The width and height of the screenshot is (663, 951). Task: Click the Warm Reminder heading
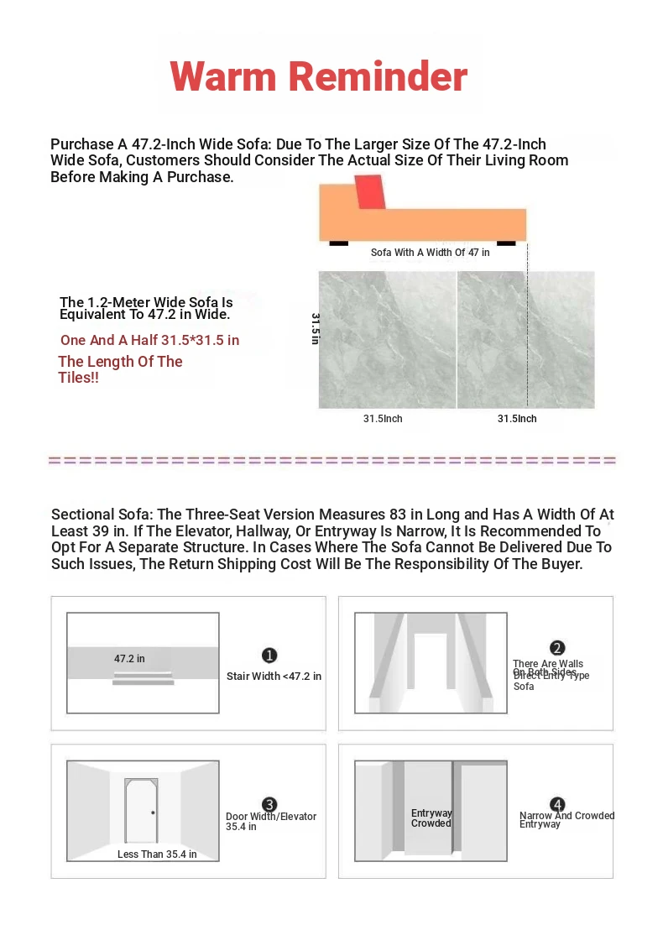[x=318, y=76]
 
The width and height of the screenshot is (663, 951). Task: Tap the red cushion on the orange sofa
[x=369, y=192]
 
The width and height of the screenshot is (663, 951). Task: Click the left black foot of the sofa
[x=338, y=243]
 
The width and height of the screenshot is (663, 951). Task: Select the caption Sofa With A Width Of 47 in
[x=430, y=253]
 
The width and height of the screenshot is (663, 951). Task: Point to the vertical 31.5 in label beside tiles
[x=316, y=328]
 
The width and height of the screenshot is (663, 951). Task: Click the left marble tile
[x=387, y=339]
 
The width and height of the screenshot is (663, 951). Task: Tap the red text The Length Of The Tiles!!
[x=120, y=369]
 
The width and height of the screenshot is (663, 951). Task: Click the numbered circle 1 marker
[x=269, y=656]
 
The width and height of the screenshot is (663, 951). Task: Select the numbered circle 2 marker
[x=557, y=648]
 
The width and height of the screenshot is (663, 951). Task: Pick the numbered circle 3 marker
[x=269, y=805]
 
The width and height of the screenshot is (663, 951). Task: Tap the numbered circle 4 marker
[x=557, y=805]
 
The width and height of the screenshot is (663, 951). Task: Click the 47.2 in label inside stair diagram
[x=129, y=659]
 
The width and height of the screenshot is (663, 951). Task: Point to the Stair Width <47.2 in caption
[x=274, y=677]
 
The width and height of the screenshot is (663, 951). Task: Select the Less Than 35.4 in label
[x=157, y=854]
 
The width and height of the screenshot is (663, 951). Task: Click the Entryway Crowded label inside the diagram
[x=431, y=818]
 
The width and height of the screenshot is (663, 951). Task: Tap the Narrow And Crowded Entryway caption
[x=566, y=820]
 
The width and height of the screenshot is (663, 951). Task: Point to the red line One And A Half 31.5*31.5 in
[x=149, y=340]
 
